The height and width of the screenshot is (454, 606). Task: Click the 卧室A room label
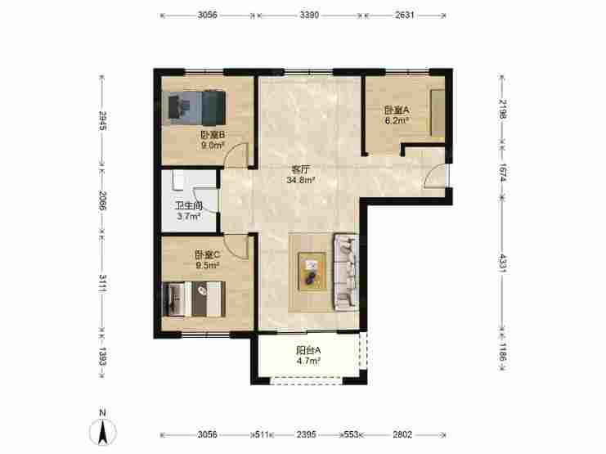[x=397, y=110]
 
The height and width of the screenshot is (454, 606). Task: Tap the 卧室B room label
[x=213, y=135]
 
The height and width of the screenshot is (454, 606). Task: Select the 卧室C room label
[x=207, y=255]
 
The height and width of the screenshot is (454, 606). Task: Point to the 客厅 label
[x=301, y=169]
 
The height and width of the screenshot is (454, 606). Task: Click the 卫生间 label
[x=189, y=206]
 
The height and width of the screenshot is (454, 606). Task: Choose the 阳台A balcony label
[x=308, y=350]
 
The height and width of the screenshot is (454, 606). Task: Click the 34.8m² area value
[x=301, y=180]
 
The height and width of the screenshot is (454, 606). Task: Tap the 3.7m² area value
[x=189, y=217]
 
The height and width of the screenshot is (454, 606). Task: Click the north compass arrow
[x=103, y=431]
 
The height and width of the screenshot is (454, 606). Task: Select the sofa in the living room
[x=346, y=272]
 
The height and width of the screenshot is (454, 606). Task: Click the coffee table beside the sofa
[x=312, y=271]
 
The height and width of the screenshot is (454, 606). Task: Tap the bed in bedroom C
[x=194, y=299]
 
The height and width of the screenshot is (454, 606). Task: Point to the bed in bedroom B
[x=197, y=107]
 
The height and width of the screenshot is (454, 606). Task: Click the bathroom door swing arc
[x=205, y=200]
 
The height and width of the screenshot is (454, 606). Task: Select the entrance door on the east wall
[x=437, y=177]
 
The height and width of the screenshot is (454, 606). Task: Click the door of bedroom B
[x=236, y=155]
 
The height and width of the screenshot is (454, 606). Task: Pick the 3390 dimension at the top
[x=309, y=15]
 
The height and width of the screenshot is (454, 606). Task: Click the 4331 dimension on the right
[x=502, y=263]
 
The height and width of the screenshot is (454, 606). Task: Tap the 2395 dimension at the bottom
[x=307, y=434]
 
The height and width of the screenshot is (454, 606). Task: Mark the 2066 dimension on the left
[x=103, y=200]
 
